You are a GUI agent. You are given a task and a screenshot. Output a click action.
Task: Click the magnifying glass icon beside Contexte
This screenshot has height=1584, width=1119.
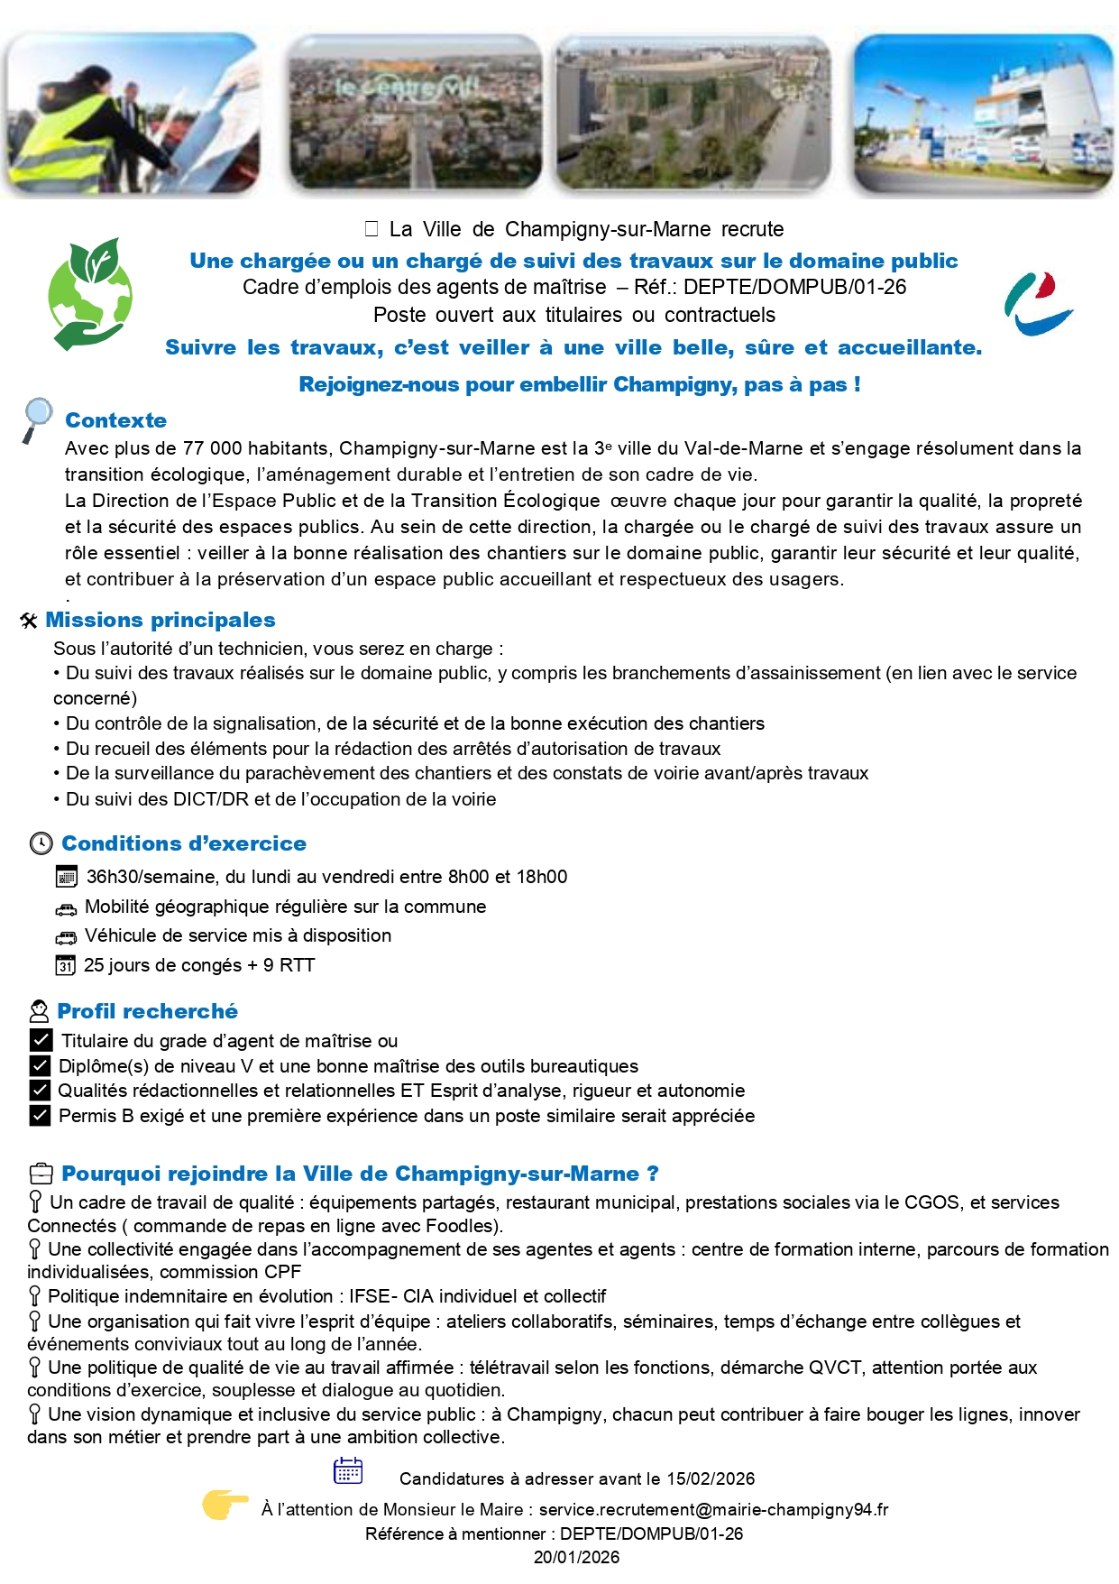click(x=37, y=419)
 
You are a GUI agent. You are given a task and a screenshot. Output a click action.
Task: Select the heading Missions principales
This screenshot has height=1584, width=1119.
click(x=161, y=620)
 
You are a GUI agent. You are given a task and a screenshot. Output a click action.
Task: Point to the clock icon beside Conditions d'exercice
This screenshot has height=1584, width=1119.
click(x=41, y=843)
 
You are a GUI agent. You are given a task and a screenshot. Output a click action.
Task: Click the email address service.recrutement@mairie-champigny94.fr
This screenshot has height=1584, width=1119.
click(x=713, y=1509)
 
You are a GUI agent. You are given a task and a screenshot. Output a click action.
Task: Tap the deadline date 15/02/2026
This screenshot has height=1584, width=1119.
click(x=711, y=1478)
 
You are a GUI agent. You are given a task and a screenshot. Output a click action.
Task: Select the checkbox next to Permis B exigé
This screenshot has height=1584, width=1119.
click(x=40, y=1116)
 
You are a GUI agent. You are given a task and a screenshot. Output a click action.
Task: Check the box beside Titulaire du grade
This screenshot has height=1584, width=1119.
click(x=40, y=1040)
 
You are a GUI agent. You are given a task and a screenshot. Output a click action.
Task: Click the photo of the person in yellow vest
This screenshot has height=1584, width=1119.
click(x=133, y=114)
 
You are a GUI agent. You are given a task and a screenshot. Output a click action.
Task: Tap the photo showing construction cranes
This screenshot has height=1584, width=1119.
click(x=982, y=114)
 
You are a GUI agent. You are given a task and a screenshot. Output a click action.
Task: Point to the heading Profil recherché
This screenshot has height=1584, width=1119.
click(x=147, y=1011)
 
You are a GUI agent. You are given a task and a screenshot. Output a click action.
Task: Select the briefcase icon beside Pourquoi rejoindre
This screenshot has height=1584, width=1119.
click(x=41, y=1174)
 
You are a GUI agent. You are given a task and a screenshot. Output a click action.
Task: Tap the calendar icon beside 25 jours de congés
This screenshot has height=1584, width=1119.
click(x=65, y=965)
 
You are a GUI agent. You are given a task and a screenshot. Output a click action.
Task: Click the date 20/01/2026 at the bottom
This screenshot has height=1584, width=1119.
click(x=576, y=1557)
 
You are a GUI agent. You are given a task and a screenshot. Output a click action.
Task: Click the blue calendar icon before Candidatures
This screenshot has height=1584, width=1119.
click(x=348, y=1471)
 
